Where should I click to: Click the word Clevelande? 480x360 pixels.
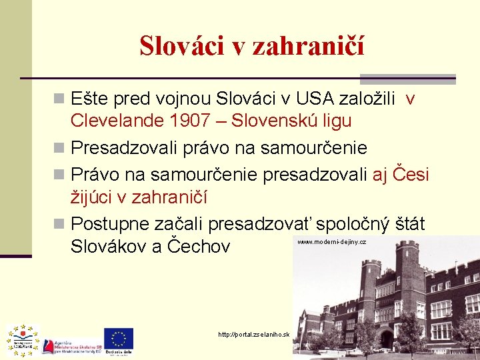(x=117, y=121)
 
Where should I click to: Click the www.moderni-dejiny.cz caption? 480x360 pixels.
(x=331, y=242)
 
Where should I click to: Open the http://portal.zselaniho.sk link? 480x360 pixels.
(x=254, y=334)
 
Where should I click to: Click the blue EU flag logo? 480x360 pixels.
(x=119, y=339)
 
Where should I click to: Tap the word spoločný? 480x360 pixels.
(x=348, y=223)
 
